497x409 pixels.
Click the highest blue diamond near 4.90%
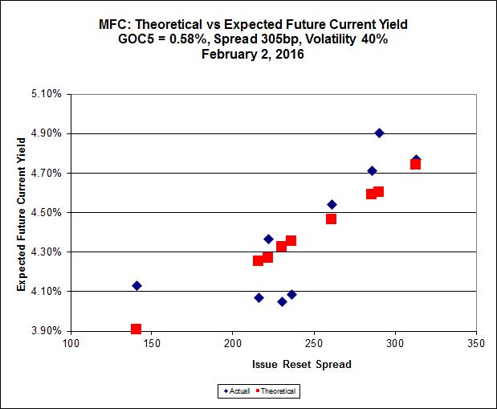[x=379, y=133]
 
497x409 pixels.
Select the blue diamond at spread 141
[x=136, y=286]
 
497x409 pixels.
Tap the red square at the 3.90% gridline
[x=136, y=329]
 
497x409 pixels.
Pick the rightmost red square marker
[x=415, y=164]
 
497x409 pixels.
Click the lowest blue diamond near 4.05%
[x=282, y=302]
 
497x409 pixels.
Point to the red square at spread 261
[x=331, y=219]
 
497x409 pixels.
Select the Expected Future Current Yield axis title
[x=22, y=214]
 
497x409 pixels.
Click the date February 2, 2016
[x=248, y=55]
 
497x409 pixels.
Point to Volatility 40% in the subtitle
[x=345, y=39]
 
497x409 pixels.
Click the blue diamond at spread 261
[x=332, y=205]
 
